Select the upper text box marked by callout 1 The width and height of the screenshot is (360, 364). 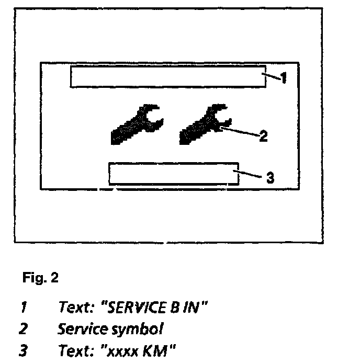point(167,77)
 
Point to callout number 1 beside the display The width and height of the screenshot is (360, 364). point(283,79)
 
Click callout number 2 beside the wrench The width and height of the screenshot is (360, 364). point(263,136)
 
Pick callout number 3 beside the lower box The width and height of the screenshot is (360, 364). point(270,178)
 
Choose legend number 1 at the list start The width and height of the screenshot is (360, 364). point(23,308)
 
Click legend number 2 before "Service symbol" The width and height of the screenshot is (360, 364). point(23,329)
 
